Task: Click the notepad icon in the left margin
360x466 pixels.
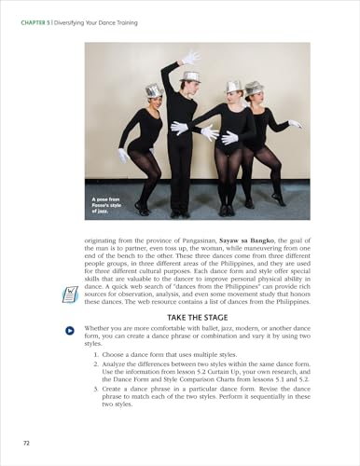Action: [x=69, y=294]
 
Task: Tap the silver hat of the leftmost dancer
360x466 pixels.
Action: [x=155, y=90]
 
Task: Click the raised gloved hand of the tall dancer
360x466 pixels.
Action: [x=192, y=58]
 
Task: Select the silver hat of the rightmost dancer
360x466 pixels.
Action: [x=255, y=88]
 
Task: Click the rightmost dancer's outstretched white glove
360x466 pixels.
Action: [x=296, y=124]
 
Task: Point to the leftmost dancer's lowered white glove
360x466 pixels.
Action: [x=123, y=155]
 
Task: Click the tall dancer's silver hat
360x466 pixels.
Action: [x=191, y=77]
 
